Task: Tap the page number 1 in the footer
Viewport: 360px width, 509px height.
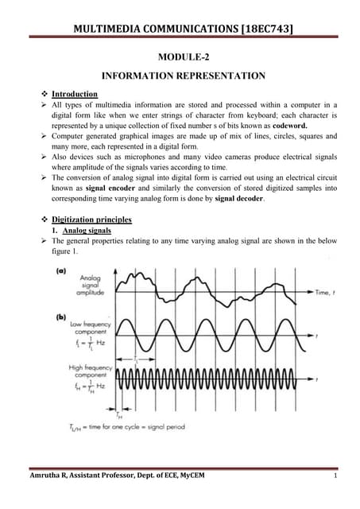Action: (x=337, y=476)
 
